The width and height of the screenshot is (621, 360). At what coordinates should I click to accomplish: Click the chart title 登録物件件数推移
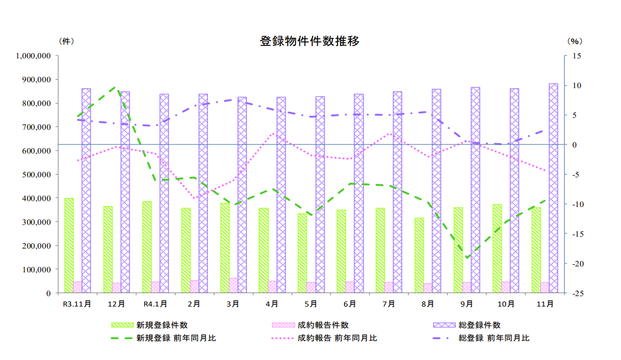coord(309,41)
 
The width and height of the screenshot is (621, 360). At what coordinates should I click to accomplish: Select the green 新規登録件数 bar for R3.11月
coord(69,245)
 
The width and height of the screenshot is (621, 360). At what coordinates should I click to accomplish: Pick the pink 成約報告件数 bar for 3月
coord(233,285)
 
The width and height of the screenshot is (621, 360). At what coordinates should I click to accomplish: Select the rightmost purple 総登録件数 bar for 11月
coord(553,188)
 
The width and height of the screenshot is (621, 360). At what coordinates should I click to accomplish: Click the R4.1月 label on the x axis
coord(155,303)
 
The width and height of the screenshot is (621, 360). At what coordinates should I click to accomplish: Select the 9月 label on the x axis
coord(466,303)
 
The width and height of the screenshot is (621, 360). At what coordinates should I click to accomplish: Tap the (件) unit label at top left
coord(66,41)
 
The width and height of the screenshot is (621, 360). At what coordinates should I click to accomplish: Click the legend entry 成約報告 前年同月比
coord(337,338)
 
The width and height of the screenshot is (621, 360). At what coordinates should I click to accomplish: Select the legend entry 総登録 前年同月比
coord(494,338)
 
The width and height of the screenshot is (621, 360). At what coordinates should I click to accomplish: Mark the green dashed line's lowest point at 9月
coord(466,257)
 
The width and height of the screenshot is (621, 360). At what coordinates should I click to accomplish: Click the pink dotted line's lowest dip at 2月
coord(195,198)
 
